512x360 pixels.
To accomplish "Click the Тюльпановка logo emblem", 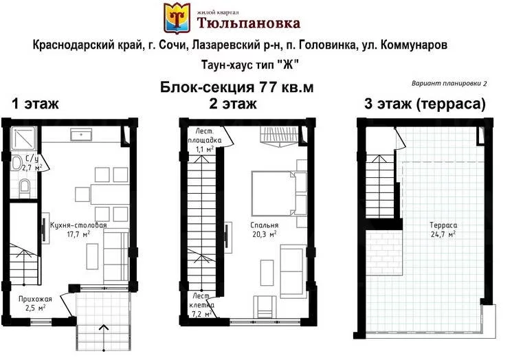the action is (177, 18).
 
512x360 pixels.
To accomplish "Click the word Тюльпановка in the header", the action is (249, 23).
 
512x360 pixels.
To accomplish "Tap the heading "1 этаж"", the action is (35, 104).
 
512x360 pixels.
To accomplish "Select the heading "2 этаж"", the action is (233, 104).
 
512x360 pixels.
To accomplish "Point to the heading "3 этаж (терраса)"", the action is (425, 104).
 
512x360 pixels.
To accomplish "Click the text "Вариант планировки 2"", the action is (449, 84).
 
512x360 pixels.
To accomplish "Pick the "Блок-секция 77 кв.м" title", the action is (236, 87).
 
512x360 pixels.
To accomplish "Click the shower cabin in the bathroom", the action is (23, 138).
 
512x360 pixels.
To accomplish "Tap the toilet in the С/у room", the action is (25, 188).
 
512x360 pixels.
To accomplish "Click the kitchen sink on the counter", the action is (81, 134).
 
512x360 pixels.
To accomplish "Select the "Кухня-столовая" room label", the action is (78, 225).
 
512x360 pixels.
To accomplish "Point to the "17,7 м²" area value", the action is (78, 234).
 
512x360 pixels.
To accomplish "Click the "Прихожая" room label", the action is (35, 299).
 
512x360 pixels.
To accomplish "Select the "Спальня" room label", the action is (265, 225).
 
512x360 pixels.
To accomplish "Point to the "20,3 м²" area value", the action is (265, 234).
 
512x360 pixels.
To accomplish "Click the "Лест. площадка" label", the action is (204, 136).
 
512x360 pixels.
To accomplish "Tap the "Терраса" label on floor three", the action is (443, 225).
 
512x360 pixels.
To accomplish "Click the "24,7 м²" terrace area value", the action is (443, 234).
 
